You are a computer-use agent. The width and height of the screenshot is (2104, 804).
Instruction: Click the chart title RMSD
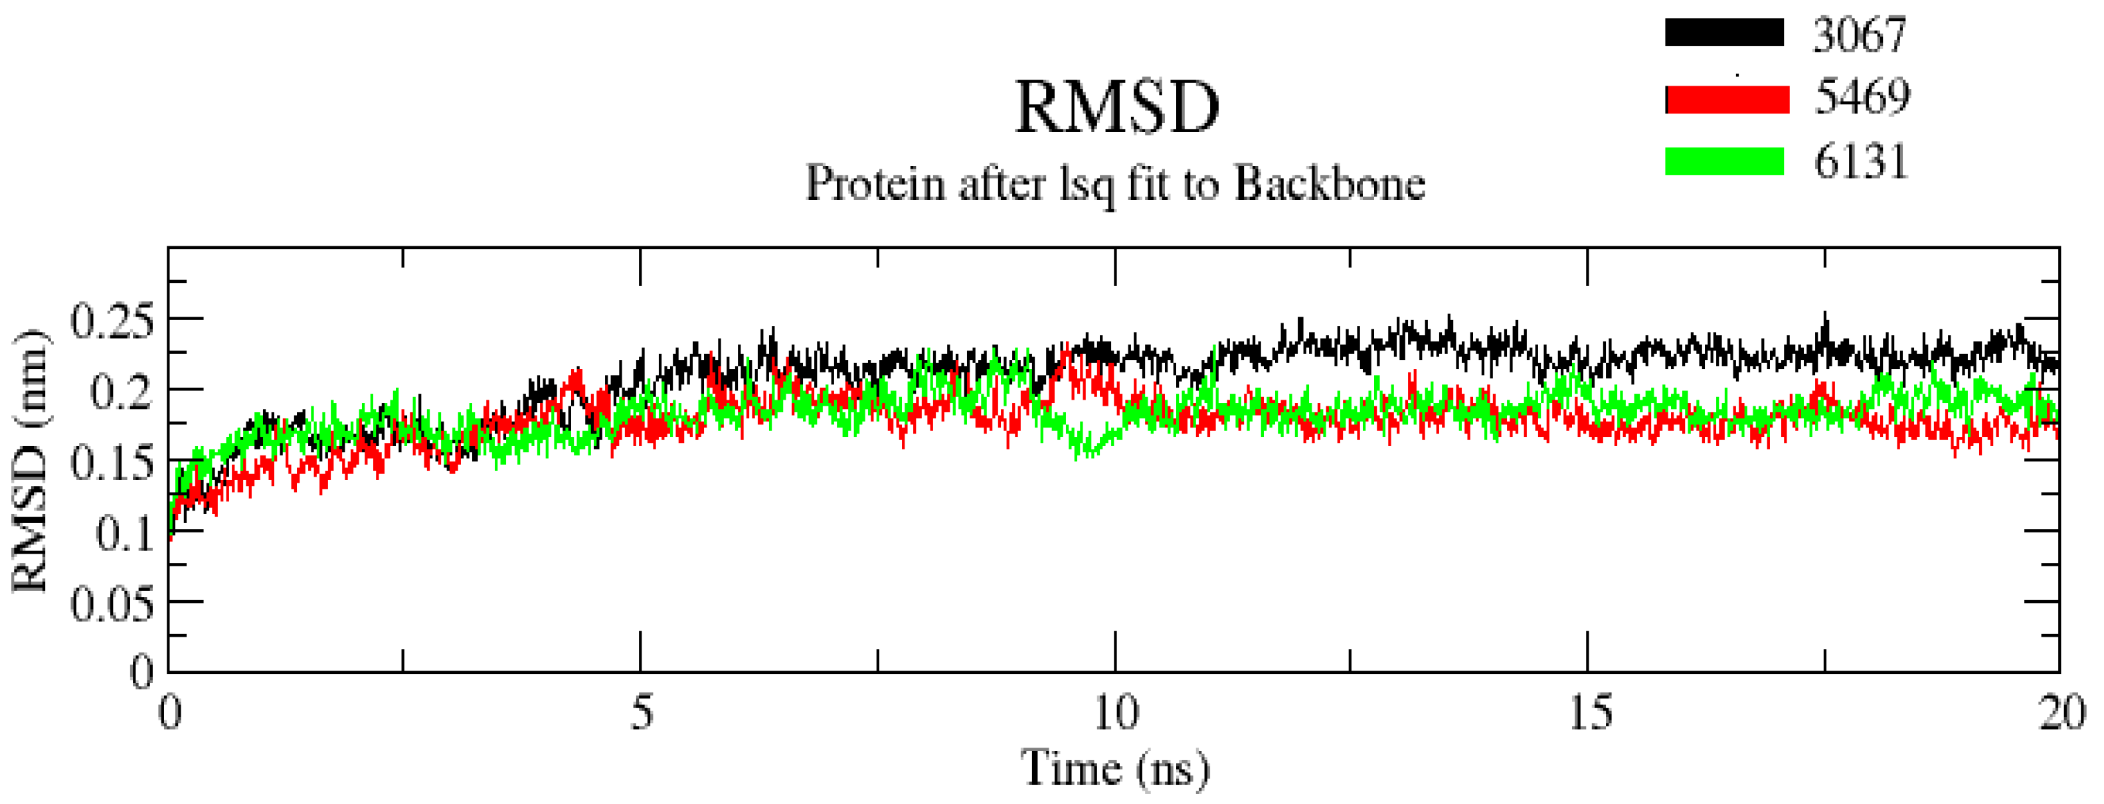point(1116,109)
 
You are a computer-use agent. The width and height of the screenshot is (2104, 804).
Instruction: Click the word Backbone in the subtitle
point(1329,184)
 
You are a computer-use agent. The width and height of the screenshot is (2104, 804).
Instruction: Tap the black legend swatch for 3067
point(1724,33)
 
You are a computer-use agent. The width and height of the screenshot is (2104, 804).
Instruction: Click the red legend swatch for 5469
point(1727,99)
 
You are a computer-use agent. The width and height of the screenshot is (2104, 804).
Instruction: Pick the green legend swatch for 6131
point(1724,161)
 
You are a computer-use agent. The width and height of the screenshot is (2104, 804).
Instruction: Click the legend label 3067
point(1859,35)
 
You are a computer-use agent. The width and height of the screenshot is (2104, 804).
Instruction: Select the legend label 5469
point(1862,97)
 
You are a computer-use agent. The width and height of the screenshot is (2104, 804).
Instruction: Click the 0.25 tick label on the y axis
point(112,321)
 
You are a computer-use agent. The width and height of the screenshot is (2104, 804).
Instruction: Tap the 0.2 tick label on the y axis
point(122,392)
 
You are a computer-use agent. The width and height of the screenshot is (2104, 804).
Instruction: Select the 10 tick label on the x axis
point(1116,712)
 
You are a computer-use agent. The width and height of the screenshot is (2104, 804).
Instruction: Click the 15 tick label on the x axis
point(1590,712)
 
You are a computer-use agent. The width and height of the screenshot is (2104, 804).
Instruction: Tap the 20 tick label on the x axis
point(2061,712)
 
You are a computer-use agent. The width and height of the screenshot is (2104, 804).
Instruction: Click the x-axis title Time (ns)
point(1115,768)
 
